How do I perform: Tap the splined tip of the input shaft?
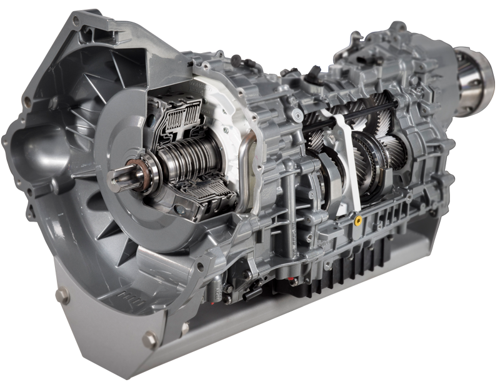coord(119,181)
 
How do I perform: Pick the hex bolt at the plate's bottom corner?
coord(148,340)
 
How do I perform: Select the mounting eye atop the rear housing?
coord(396,27)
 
